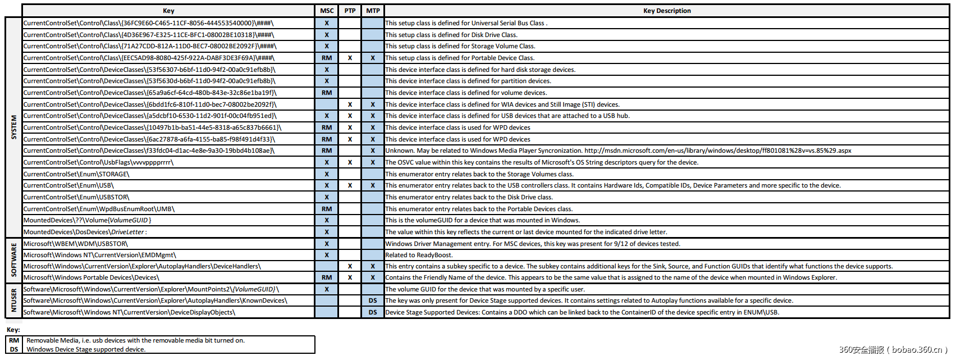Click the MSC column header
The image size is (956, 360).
pos(327,11)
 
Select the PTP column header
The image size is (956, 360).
pos(350,11)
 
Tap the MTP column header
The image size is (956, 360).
pos(373,11)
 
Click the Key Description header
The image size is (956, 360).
pos(667,11)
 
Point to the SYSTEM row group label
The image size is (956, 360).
pos(14,127)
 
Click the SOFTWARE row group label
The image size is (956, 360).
pos(14,261)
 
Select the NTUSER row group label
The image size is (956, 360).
pos(14,300)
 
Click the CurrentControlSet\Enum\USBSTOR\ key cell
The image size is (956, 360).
pos(76,197)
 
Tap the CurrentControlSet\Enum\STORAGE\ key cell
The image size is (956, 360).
pos(76,174)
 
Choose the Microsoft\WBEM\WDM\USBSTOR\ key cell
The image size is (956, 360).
pos(75,244)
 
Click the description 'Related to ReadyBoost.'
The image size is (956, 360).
pos(419,255)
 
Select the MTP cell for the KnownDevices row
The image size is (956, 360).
pos(373,300)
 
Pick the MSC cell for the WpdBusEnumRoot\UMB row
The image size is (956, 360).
pos(327,209)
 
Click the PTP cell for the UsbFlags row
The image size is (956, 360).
pos(350,162)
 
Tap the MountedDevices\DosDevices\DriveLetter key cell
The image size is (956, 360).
pos(85,232)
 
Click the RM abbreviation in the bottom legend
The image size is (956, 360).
pos(14,340)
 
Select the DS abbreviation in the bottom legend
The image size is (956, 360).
pos(14,349)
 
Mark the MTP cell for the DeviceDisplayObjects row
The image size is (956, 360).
pos(373,312)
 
